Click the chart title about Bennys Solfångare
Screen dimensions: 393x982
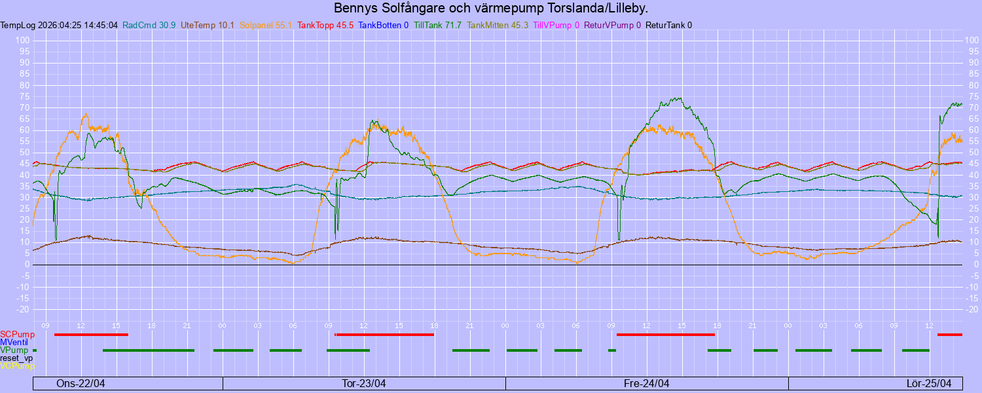pos(491,9)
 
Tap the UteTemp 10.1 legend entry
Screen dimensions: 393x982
pos(208,26)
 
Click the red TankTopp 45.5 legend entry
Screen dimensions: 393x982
pos(325,26)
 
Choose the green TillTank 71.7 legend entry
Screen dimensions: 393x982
pos(438,26)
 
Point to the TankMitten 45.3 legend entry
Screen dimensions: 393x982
pos(498,26)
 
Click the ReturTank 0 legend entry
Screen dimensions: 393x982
pos(668,26)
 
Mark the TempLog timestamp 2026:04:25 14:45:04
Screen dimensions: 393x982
pos(59,26)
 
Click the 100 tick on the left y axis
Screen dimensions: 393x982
pos(24,41)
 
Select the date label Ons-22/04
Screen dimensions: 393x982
pos(81,383)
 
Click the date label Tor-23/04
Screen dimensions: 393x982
pos(364,383)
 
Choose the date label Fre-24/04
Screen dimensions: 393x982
pos(647,383)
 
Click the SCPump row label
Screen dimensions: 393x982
pos(17,335)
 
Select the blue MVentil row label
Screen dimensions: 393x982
pos(14,343)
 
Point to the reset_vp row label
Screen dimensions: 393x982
pos(16,358)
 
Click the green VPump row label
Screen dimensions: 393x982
pos(14,350)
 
